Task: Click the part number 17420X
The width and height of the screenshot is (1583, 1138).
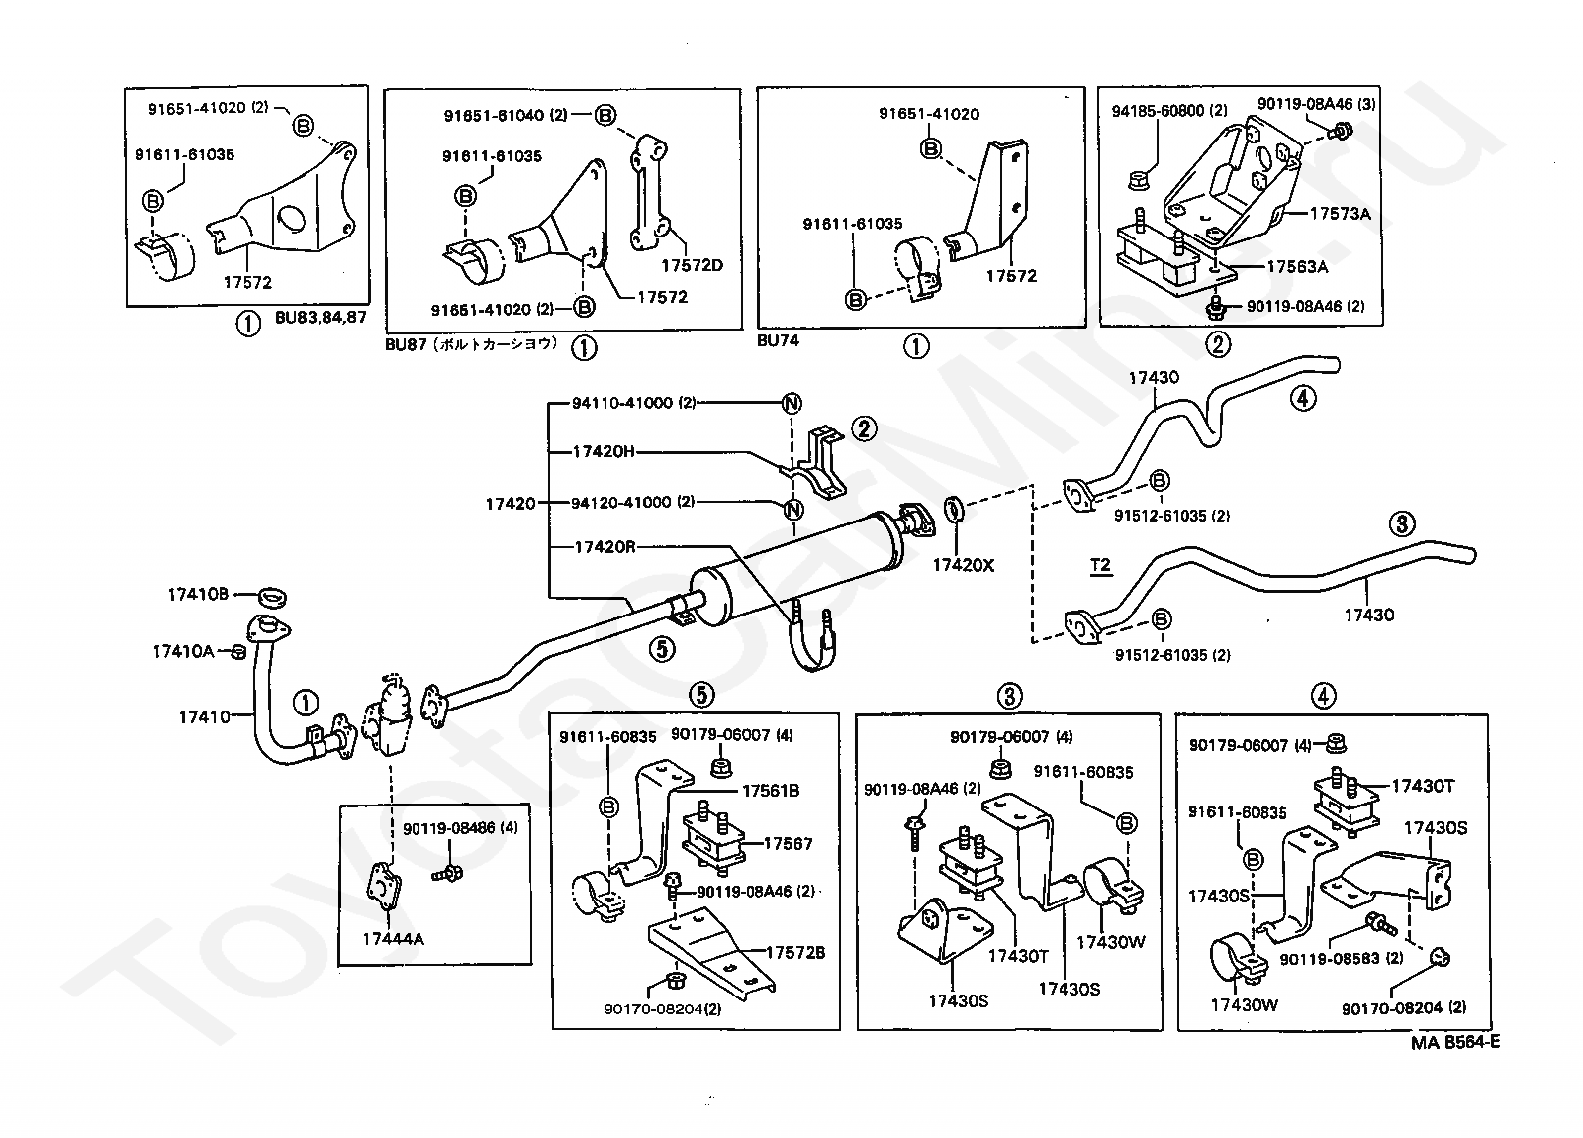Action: click(x=963, y=565)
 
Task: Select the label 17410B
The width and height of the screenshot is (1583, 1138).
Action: click(x=198, y=594)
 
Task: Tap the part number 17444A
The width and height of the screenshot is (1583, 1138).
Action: click(x=392, y=939)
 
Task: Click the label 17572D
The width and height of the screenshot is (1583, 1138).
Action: click(x=692, y=265)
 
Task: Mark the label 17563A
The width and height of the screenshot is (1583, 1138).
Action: click(x=1297, y=266)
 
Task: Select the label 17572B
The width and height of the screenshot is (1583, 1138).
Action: click(x=794, y=953)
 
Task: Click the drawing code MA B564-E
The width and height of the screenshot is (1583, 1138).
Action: click(x=1455, y=1042)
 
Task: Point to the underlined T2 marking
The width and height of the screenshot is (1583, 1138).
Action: click(x=1100, y=566)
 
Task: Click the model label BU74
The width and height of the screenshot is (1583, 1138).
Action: click(x=780, y=340)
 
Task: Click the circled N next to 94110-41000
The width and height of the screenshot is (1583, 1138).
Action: click(x=791, y=403)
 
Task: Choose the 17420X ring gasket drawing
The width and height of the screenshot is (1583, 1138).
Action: click(x=955, y=511)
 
